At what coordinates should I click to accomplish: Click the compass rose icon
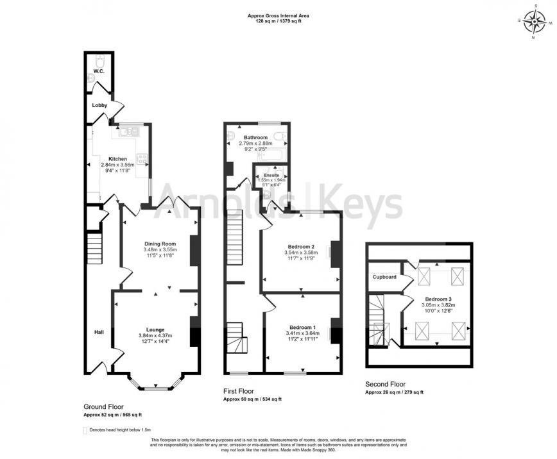[x=533, y=22]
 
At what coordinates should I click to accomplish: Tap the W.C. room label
[x=99, y=71]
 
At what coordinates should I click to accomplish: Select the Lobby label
[x=99, y=105]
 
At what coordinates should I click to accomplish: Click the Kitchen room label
[x=117, y=158]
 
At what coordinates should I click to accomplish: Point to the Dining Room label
[x=160, y=244]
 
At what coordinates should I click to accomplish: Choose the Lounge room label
[x=155, y=330]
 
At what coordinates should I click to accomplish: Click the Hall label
[x=99, y=332]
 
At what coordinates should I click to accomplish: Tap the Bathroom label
[x=255, y=137]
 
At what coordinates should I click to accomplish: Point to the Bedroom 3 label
[x=438, y=299]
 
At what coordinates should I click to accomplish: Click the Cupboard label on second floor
[x=384, y=277]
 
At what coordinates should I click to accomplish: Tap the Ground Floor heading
[x=103, y=406]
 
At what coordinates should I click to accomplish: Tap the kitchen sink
[x=127, y=132]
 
